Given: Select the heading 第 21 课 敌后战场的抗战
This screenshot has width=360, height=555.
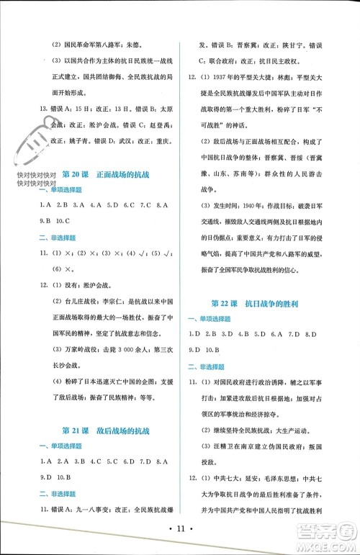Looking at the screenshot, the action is click(106, 430).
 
